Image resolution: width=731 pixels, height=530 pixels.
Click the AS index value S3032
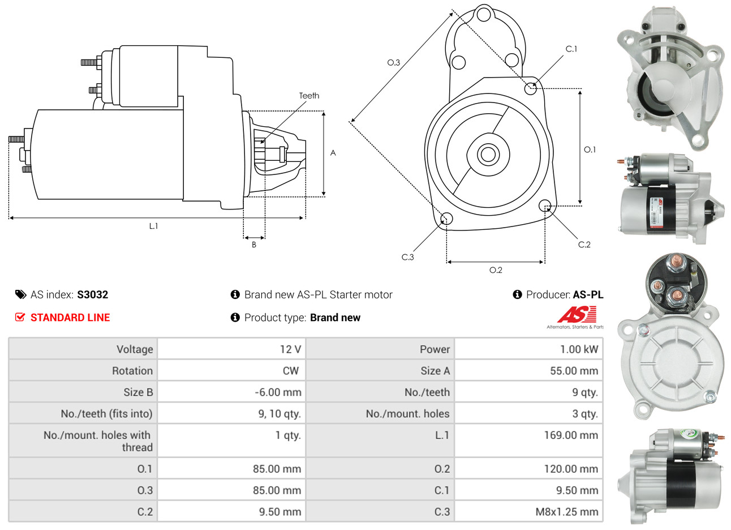[92, 294]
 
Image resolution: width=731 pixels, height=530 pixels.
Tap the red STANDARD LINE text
[70, 318]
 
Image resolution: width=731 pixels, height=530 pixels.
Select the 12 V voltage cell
[290, 349]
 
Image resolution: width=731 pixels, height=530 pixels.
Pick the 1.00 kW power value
[579, 349]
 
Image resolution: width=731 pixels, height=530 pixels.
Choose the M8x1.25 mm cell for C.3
[566, 512]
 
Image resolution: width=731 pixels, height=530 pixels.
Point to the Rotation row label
[132, 371]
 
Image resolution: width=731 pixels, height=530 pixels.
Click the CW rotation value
[290, 371]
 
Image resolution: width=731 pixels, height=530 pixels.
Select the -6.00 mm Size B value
[278, 392]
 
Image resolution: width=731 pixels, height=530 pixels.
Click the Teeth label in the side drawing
[309, 96]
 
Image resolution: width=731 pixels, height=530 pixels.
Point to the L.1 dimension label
[153, 226]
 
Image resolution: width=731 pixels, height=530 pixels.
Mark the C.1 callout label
[571, 49]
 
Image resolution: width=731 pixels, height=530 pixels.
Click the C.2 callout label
[584, 245]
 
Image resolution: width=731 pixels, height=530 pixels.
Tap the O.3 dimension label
[393, 62]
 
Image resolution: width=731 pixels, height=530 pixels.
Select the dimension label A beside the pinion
[333, 153]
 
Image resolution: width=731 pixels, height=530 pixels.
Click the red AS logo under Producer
[577, 315]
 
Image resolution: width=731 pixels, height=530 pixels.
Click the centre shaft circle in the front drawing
[487, 153]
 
